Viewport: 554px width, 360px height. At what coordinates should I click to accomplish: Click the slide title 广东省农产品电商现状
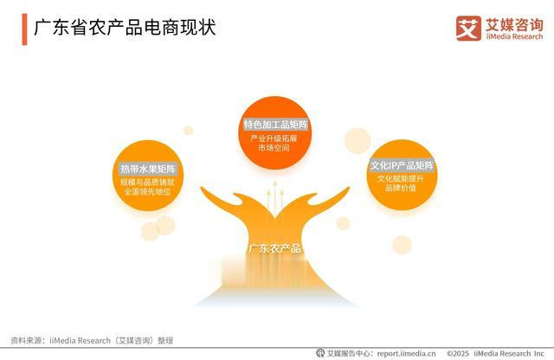(x=125, y=28)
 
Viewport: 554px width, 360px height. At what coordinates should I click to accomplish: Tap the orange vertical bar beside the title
(x=24, y=29)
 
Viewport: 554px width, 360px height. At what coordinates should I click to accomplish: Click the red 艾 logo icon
(x=468, y=29)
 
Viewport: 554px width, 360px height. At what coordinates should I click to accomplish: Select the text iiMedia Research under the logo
(x=514, y=36)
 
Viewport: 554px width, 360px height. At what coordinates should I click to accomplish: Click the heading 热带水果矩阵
(x=148, y=169)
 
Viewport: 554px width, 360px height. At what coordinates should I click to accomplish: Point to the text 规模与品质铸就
(x=147, y=183)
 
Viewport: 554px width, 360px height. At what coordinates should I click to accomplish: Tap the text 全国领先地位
(x=147, y=192)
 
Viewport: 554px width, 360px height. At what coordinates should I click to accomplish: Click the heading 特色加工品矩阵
(x=275, y=125)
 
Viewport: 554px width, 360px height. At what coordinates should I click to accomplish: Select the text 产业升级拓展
(x=274, y=138)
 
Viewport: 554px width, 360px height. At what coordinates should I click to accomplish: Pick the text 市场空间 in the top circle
(x=274, y=148)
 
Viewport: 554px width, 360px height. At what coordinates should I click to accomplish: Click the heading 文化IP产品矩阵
(x=402, y=165)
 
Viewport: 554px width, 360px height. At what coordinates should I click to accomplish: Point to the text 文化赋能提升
(x=400, y=179)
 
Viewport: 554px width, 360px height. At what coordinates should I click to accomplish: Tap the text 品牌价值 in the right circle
(x=400, y=188)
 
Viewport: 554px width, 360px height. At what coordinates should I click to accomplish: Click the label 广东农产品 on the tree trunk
(x=275, y=248)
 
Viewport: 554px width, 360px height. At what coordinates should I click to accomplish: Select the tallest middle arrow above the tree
(x=275, y=198)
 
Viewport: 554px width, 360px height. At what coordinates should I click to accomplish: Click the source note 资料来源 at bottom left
(x=92, y=341)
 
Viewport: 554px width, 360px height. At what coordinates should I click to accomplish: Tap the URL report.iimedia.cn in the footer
(x=406, y=353)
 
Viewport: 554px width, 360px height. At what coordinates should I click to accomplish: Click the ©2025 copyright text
(x=458, y=354)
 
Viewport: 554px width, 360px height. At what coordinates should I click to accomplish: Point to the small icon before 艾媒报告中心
(x=320, y=353)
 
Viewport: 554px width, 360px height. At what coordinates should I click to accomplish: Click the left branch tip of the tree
(x=202, y=188)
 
